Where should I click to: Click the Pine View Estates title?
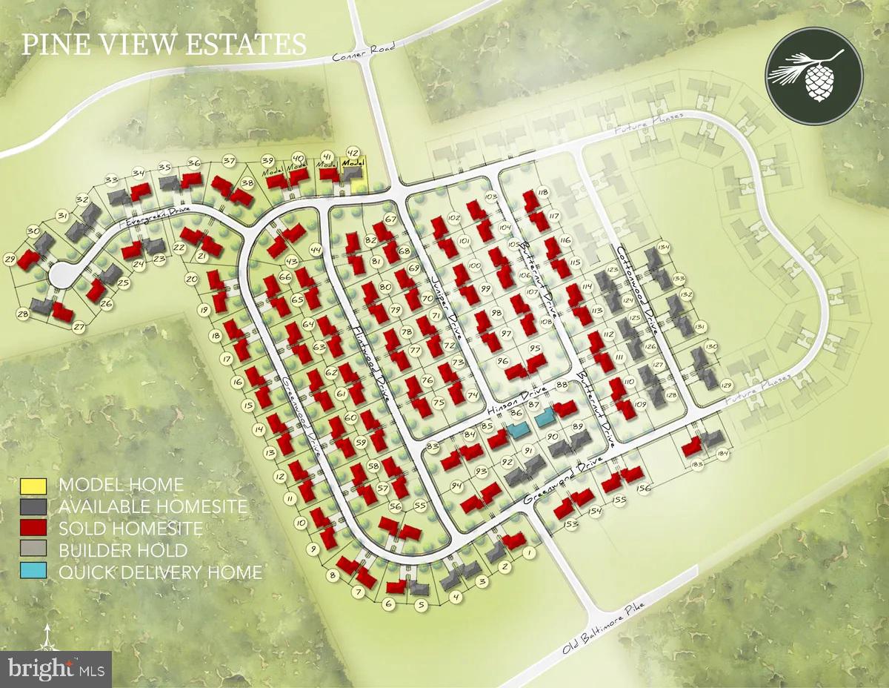(x=164, y=44)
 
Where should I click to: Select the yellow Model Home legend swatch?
(x=33, y=486)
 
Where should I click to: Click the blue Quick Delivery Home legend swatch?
(x=33, y=572)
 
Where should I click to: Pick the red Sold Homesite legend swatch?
(x=33, y=529)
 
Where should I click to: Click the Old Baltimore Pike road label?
(x=603, y=626)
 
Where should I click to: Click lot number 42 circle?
(x=353, y=152)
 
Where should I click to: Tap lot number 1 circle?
(x=528, y=553)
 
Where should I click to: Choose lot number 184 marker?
(x=724, y=454)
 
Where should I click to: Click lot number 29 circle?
(x=10, y=259)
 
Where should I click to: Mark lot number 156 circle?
(x=643, y=488)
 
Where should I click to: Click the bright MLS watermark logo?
(x=56, y=669)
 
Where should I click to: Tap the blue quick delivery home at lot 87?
(x=545, y=417)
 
